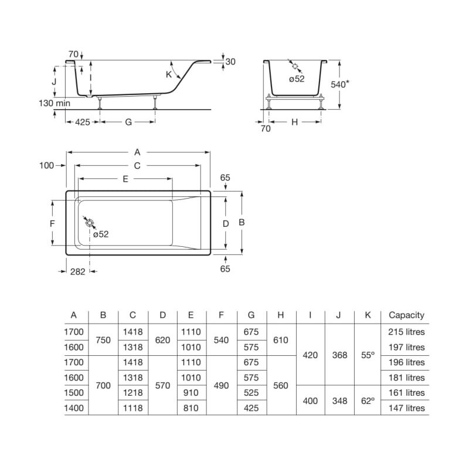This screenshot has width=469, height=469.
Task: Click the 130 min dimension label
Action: (55, 103)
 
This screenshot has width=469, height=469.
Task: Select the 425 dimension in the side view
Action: (82, 122)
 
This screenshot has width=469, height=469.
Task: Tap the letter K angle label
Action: (169, 74)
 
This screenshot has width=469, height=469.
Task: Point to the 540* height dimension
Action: (340, 84)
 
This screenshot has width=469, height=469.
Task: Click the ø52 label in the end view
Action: (297, 79)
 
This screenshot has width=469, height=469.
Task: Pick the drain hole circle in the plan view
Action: (90, 223)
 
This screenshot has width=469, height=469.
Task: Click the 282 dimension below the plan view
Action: (78, 271)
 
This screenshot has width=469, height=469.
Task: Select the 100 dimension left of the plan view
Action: (47, 165)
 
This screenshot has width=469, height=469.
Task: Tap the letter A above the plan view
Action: (137, 152)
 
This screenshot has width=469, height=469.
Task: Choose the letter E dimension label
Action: (125, 179)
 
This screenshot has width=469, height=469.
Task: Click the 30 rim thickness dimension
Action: (230, 62)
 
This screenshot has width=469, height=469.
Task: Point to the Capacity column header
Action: (406, 315)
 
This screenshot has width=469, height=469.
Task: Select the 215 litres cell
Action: (406, 332)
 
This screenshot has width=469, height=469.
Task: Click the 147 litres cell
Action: (406, 408)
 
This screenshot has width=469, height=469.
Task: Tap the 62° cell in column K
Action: (368, 400)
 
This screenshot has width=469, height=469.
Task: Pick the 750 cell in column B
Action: (103, 340)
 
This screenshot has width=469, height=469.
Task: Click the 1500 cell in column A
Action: (74, 393)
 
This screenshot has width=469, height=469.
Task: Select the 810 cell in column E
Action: (191, 408)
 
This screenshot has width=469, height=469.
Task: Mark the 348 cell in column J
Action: (339, 400)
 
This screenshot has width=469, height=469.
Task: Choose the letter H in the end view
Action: (295, 122)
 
